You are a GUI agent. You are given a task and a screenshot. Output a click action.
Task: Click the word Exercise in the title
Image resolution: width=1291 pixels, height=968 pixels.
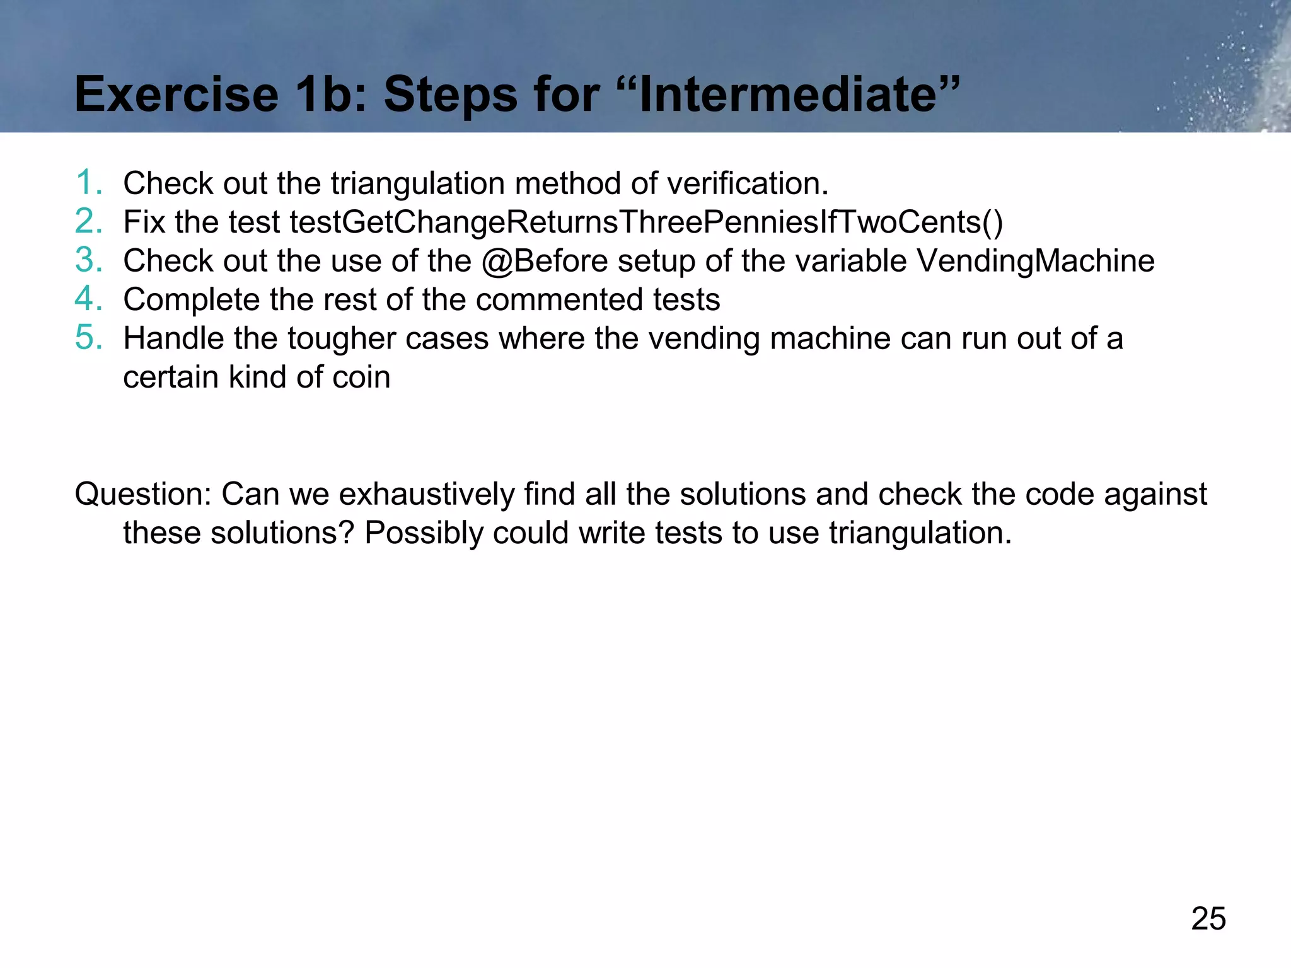coord(177,95)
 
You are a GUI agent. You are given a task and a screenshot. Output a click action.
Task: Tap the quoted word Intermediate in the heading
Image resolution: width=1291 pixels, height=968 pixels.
coord(799,95)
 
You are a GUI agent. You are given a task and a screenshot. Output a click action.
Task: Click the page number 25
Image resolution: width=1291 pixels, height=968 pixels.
coord(1208,918)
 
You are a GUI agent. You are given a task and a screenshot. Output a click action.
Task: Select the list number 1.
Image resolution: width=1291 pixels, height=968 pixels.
coord(89,183)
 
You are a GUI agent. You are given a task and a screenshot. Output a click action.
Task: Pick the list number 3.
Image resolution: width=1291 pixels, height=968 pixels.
coord(89,260)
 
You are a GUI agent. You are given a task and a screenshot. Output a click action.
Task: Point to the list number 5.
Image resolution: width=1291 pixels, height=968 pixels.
coord(89,338)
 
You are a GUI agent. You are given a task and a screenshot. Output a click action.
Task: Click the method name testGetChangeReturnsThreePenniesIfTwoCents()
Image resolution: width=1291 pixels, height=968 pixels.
coord(645,222)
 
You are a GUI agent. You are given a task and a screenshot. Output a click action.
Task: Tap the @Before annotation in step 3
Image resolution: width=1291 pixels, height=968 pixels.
coord(544,261)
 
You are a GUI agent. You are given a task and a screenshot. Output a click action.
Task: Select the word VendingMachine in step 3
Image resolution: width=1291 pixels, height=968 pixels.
coord(1035,261)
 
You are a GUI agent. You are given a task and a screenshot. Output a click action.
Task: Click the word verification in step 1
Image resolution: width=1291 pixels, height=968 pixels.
coord(747,183)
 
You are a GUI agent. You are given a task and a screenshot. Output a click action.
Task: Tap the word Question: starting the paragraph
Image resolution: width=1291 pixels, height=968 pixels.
coord(143,494)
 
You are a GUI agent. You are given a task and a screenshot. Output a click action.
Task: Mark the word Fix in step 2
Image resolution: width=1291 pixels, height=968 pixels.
coord(144,222)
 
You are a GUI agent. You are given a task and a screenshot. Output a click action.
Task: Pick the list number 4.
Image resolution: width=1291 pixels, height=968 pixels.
coord(89,299)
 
